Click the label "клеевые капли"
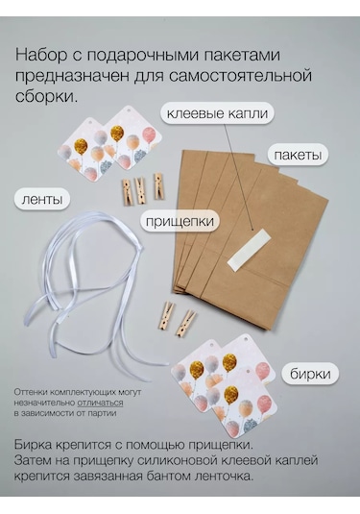217,113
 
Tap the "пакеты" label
298,155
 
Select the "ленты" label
42,199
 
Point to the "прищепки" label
180,221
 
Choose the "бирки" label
310,374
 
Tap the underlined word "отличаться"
100,403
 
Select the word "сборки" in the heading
45,97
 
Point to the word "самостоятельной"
240,76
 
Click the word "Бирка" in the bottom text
33,445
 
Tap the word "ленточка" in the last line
226,476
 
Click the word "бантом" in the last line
168,476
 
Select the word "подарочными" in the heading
143,56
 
